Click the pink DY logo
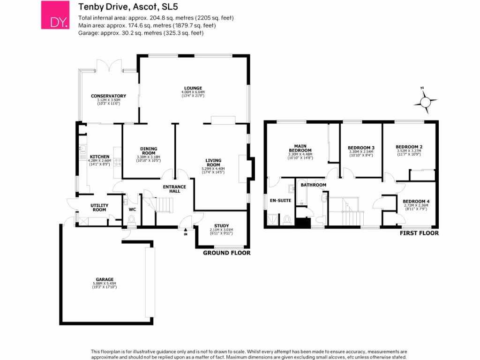(x=55, y=15)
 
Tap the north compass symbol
(x=426, y=102)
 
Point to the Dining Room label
(x=148, y=151)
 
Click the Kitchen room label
(x=100, y=157)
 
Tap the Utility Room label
(x=99, y=207)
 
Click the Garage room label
(x=105, y=280)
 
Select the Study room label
(x=222, y=225)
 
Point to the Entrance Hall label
(x=174, y=189)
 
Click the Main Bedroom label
(x=300, y=148)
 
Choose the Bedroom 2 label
(x=409, y=147)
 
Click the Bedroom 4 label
(x=416, y=202)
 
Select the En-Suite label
(x=280, y=200)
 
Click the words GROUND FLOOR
(x=226, y=253)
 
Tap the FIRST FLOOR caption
(x=419, y=233)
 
